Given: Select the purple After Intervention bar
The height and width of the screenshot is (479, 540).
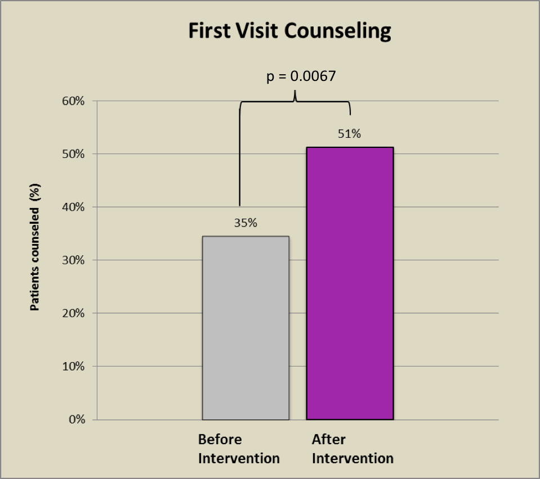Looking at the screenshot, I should (x=350, y=283).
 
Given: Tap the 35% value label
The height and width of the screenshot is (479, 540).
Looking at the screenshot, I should (x=246, y=223).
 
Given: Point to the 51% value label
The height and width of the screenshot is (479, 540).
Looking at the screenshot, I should (x=350, y=134).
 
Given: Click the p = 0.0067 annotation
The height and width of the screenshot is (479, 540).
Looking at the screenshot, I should (x=301, y=76).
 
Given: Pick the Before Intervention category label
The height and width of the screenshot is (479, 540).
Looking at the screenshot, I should (x=239, y=449).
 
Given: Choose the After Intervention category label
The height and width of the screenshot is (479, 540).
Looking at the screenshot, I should (x=352, y=449).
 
